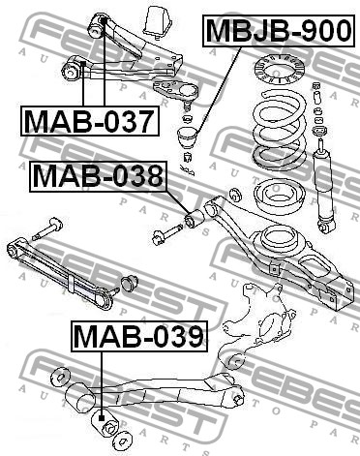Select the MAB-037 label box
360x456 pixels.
click(x=90, y=121)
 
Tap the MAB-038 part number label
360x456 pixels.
click(x=99, y=176)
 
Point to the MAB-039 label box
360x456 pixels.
click(x=139, y=336)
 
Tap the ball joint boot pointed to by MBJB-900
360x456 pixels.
click(x=188, y=137)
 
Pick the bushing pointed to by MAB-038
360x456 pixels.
click(x=195, y=218)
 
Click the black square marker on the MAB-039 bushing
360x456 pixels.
click(x=102, y=418)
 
